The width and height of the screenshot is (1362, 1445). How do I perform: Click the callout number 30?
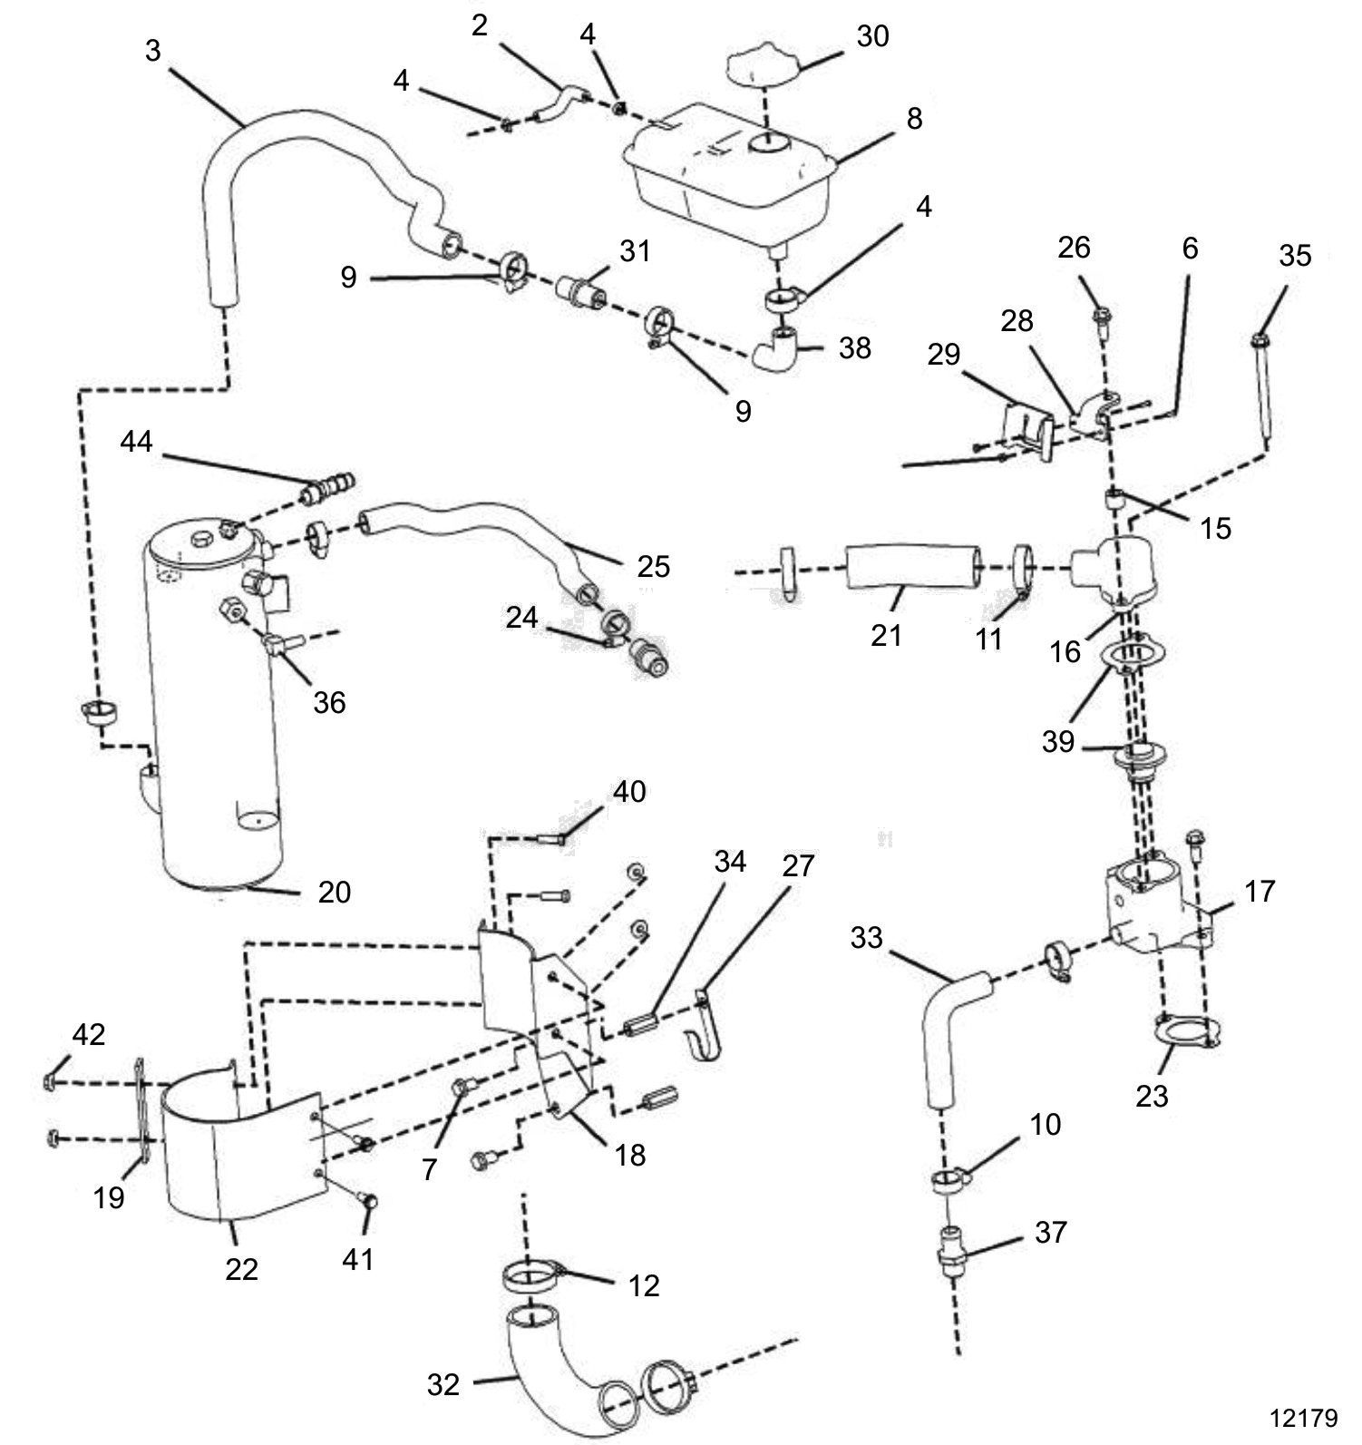coord(872,36)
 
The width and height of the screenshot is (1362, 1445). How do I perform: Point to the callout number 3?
coord(152,51)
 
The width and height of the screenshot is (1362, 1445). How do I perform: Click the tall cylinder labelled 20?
coord(216,708)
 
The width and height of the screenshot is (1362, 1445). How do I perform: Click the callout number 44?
coord(137,442)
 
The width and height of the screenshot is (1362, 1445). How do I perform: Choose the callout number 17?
coord(1259,892)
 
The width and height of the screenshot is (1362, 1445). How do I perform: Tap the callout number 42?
coord(89,1035)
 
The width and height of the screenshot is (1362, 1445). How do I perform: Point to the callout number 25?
coord(653,566)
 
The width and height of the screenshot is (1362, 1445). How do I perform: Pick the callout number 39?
coord(1058,742)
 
